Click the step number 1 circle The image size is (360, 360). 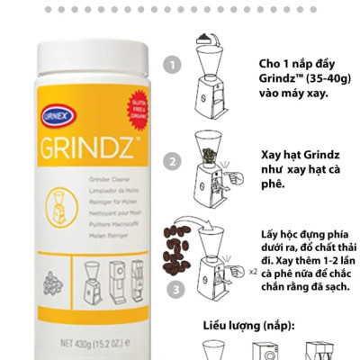click(x=172, y=65)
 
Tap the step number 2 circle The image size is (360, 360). click(x=172, y=163)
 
